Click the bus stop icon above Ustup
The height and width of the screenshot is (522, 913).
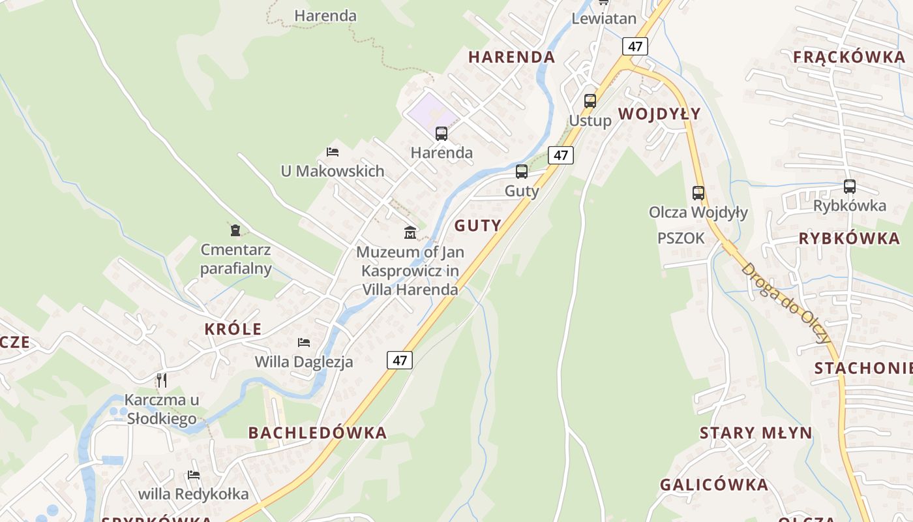[x=590, y=101]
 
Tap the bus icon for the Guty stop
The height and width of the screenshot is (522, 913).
[x=522, y=172]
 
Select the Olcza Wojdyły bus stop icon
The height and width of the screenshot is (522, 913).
[x=698, y=193]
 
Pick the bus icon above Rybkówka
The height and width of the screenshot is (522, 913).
[x=849, y=187]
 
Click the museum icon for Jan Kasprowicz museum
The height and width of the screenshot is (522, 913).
[x=410, y=232]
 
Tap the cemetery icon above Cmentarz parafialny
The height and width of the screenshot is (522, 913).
[x=235, y=230]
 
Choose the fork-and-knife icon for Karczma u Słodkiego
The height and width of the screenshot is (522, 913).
[x=162, y=380]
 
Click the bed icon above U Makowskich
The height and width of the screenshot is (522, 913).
[x=333, y=152]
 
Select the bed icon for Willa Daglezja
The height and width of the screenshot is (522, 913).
[x=304, y=342]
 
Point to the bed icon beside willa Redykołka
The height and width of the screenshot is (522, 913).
[x=194, y=474]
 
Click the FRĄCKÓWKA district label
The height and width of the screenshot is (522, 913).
[x=849, y=57]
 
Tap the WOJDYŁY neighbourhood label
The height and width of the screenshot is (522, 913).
[x=659, y=114]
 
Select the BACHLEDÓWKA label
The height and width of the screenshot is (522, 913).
[x=318, y=432]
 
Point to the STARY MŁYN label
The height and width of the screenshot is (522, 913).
[x=756, y=433]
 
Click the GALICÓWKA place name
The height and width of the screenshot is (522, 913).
[x=714, y=485]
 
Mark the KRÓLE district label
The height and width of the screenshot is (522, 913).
[x=233, y=329]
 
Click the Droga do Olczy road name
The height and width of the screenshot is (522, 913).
[x=786, y=303]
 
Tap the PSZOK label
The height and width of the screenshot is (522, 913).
[x=681, y=238]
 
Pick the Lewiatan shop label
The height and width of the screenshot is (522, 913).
[x=604, y=18]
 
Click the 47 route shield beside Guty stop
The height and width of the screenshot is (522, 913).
[x=561, y=155]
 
